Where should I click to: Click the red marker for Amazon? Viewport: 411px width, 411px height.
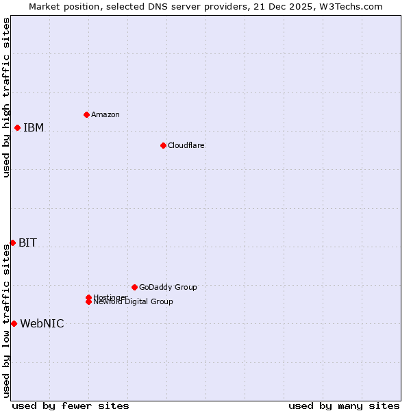click(x=86, y=114)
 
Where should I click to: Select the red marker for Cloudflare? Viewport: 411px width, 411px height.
click(x=163, y=145)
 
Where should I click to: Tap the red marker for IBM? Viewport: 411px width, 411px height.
click(x=17, y=127)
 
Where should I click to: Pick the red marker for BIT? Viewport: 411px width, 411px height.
click(x=12, y=242)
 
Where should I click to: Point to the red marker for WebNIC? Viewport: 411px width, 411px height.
click(x=14, y=323)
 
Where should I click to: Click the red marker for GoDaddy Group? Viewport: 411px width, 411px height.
click(x=134, y=287)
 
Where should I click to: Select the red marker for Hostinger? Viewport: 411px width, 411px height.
click(x=88, y=297)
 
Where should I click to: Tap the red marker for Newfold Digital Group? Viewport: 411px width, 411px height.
click(x=88, y=302)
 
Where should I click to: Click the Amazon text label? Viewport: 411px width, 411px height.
click(x=105, y=114)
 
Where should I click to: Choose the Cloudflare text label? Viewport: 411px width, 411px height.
click(x=186, y=145)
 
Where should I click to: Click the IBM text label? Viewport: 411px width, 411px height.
click(x=34, y=127)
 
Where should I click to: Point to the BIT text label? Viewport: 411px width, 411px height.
click(x=27, y=242)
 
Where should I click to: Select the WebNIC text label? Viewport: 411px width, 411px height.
click(x=42, y=323)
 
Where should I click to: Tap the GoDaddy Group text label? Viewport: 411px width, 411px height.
click(x=168, y=287)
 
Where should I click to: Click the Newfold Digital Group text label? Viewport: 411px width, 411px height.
click(x=134, y=302)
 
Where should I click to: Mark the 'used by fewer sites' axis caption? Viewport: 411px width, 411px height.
click(x=71, y=406)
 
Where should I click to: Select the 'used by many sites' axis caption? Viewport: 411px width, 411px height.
click(x=344, y=406)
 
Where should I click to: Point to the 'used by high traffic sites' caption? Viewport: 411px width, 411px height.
click(x=6, y=97)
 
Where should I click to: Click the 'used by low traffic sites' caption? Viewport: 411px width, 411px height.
click(x=6, y=320)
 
